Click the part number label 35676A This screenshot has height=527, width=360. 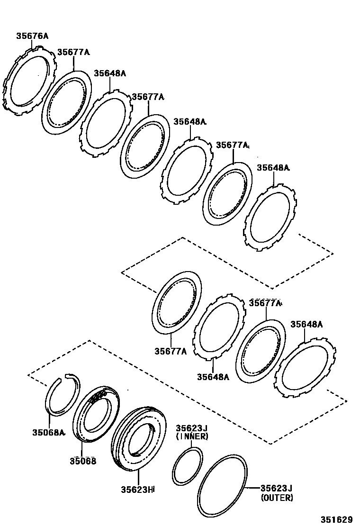[x=33, y=36]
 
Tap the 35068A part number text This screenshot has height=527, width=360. [x=48, y=432]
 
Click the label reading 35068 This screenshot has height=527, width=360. [x=83, y=460]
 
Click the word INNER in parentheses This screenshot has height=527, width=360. [x=191, y=436]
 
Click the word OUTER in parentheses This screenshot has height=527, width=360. [x=277, y=498]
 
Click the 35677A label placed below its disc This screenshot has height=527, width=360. [x=170, y=351]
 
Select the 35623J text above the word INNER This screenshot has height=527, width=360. [x=192, y=428]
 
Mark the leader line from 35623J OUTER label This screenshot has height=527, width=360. [x=252, y=488]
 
